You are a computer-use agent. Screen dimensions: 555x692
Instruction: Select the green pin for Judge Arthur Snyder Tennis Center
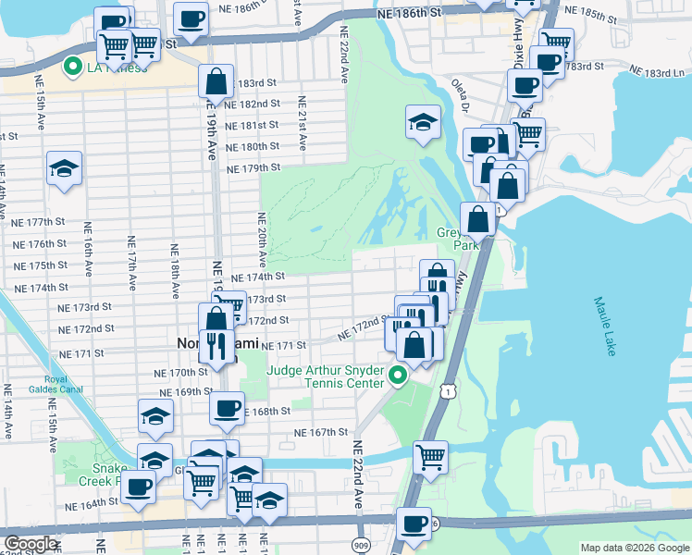click(x=399, y=375)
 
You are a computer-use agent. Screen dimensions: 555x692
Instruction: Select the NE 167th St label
click(x=320, y=432)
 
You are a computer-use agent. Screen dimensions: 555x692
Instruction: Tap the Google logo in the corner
click(x=31, y=544)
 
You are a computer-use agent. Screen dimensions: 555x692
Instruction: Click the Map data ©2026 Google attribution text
click(x=634, y=548)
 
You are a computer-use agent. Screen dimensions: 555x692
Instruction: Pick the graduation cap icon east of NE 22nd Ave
click(x=423, y=123)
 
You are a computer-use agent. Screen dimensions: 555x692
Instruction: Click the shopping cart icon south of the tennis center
click(x=430, y=456)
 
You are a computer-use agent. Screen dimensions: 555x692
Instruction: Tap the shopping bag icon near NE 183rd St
click(x=215, y=82)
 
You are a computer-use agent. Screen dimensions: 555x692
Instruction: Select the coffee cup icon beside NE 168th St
click(x=227, y=408)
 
